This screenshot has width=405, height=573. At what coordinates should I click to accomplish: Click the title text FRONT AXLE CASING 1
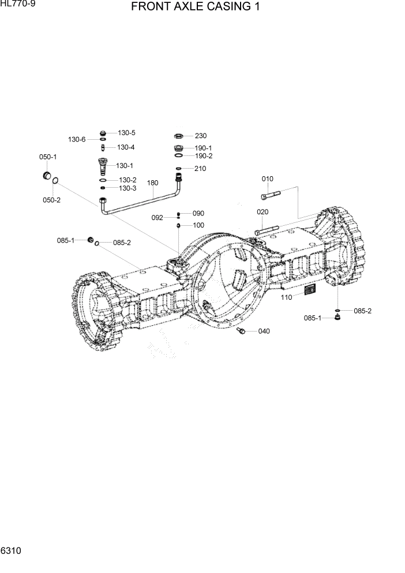click(x=195, y=8)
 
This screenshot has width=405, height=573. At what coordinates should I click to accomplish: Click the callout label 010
click(x=268, y=179)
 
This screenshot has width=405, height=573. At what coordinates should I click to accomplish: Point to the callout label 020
click(x=262, y=212)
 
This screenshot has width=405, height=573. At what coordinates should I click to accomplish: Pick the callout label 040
click(x=264, y=331)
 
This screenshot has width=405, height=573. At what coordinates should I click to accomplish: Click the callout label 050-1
click(x=47, y=157)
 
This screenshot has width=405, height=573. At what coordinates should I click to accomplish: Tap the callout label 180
click(x=152, y=183)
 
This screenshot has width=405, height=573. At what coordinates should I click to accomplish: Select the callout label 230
click(x=200, y=136)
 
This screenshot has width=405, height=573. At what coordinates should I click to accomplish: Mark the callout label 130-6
click(x=77, y=140)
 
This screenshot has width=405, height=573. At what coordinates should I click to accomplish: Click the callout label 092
click(x=157, y=218)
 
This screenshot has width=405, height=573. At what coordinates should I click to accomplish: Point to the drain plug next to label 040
click(x=242, y=330)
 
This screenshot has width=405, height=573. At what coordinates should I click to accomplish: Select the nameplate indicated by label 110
click(x=310, y=290)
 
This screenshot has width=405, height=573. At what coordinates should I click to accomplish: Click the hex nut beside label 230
click(x=179, y=136)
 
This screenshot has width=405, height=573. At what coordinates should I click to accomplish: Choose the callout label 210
click(x=200, y=169)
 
